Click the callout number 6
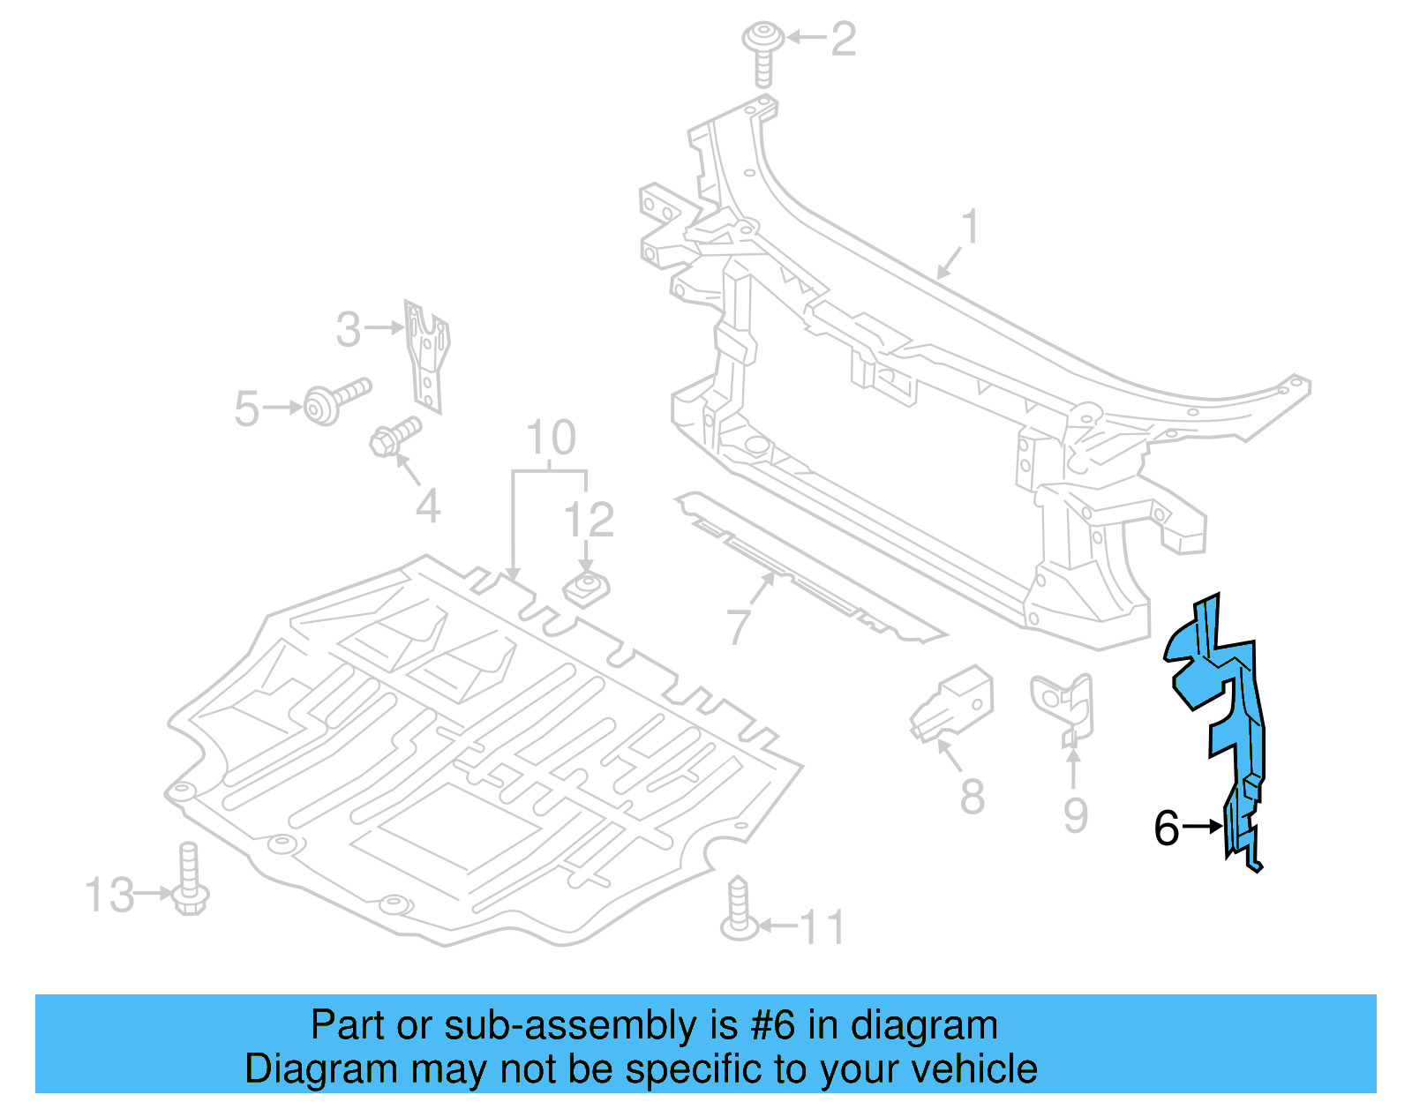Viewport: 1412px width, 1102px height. [1166, 828]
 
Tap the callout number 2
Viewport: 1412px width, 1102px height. [844, 40]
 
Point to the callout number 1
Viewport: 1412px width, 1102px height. [970, 227]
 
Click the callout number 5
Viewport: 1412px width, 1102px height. [246, 409]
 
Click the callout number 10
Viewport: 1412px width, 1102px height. [551, 438]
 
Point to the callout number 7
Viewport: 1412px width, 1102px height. [739, 626]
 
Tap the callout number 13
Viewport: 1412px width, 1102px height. [109, 895]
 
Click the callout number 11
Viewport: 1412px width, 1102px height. [822, 927]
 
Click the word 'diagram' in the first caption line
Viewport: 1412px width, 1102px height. [924, 1026]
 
